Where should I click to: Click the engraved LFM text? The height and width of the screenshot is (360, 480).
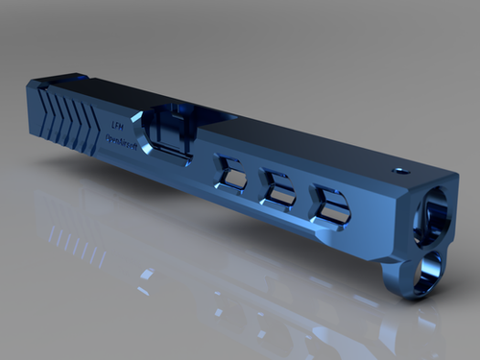117,125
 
